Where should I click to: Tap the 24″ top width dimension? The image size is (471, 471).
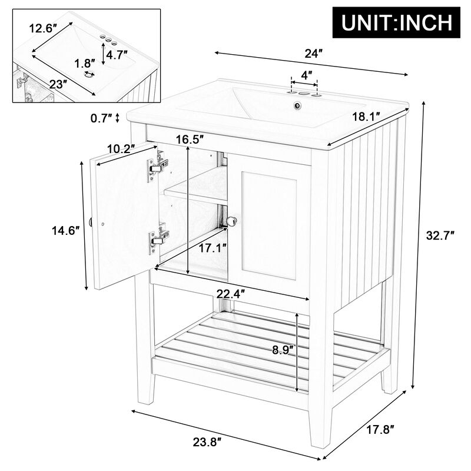coord(313,53)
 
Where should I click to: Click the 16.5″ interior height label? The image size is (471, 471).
coord(190,140)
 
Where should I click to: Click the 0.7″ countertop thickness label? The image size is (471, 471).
coord(102,118)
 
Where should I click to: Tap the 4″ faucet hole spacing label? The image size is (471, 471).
coord(306,75)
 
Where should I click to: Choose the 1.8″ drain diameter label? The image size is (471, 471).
coord(85,63)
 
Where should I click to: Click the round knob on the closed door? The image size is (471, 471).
coord(232,221)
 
